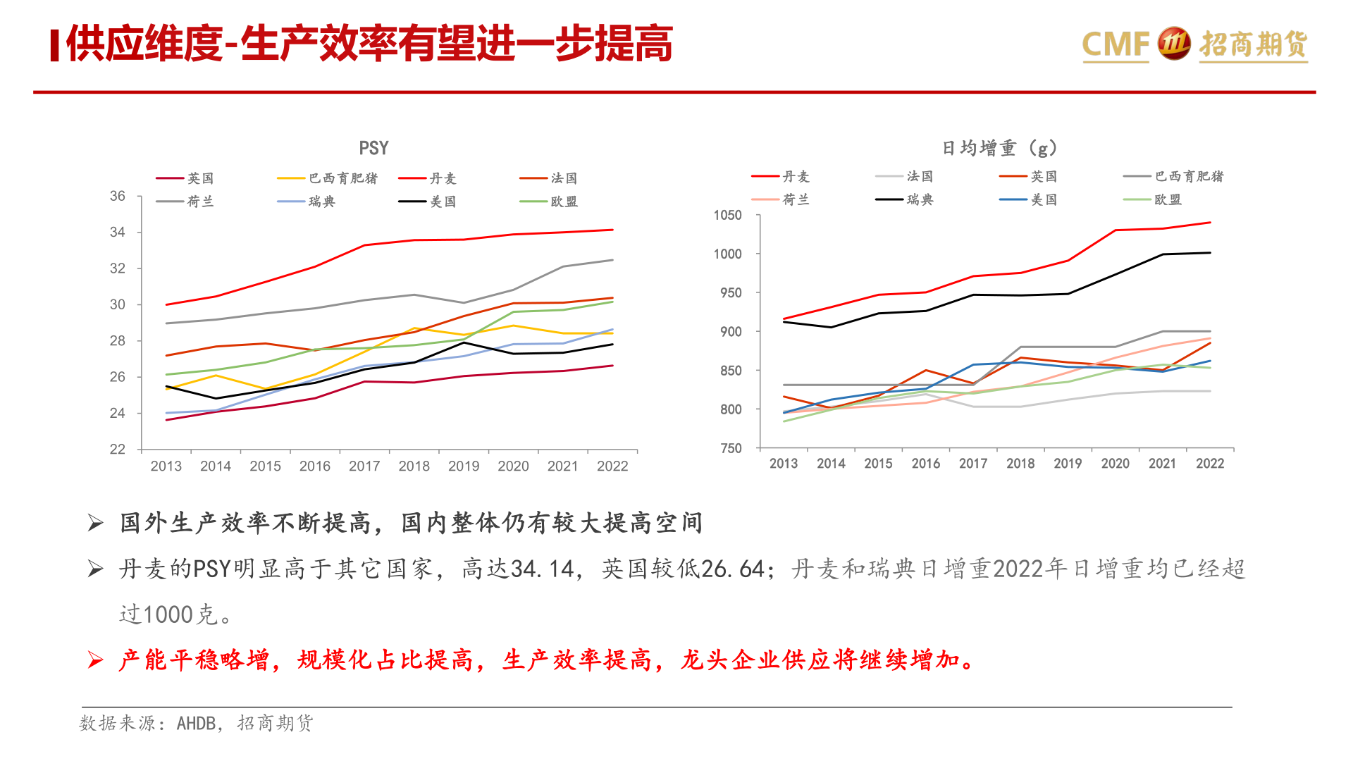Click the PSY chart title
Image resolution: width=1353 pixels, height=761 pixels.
(x=373, y=148)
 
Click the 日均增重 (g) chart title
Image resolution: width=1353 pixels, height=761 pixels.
(x=999, y=148)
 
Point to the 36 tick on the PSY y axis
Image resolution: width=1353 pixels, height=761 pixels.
(x=118, y=196)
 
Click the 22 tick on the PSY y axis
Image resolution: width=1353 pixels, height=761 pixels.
(x=118, y=449)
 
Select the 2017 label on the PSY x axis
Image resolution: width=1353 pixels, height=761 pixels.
(x=364, y=466)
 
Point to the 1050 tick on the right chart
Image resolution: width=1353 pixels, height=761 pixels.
(x=727, y=215)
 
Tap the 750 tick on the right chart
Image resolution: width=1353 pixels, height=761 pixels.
(x=731, y=448)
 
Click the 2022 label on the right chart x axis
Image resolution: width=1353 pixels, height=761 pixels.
(x=1210, y=463)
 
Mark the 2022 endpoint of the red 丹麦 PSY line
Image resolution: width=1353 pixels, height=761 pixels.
(x=612, y=230)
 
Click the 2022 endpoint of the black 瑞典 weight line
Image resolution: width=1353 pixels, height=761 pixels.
(x=1210, y=252)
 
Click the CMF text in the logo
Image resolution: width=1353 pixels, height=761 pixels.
(x=1116, y=44)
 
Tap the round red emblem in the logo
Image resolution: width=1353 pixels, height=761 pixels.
(x=1174, y=44)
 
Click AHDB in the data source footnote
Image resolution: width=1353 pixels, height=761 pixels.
(x=196, y=723)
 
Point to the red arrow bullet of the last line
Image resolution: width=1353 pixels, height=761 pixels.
(x=95, y=660)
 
